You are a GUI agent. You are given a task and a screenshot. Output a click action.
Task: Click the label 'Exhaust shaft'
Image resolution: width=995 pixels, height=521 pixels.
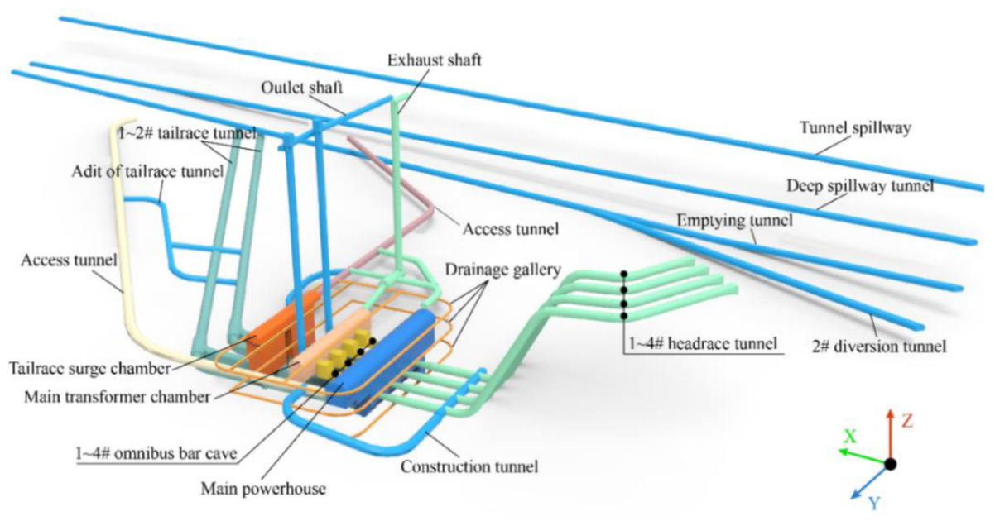(x=434, y=60)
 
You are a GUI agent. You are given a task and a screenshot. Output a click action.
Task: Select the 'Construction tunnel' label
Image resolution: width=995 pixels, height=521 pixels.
(x=469, y=466)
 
